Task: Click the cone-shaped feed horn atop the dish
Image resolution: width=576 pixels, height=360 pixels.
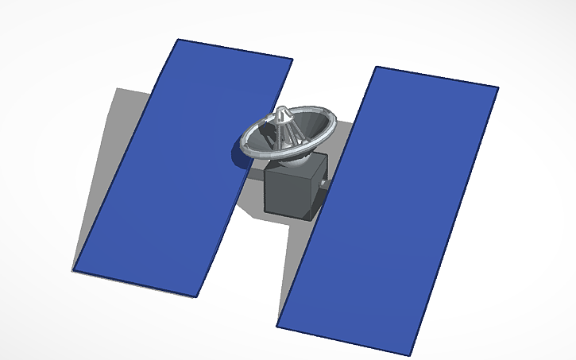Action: click(284, 119)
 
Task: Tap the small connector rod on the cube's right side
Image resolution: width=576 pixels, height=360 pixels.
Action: click(327, 184)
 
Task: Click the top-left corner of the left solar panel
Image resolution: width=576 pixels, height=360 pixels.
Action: click(178, 40)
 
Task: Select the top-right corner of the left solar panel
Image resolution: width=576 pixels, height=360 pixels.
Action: click(292, 60)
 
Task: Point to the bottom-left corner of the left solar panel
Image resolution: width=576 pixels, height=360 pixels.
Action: click(73, 270)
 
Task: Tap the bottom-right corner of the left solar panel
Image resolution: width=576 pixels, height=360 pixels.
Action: click(196, 296)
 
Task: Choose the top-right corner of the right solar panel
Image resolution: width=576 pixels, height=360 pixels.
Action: click(498, 87)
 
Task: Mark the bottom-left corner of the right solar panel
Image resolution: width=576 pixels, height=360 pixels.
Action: click(277, 325)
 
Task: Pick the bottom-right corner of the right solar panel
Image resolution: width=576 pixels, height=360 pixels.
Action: click(412, 354)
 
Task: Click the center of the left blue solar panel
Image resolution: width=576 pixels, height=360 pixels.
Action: click(183, 167)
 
